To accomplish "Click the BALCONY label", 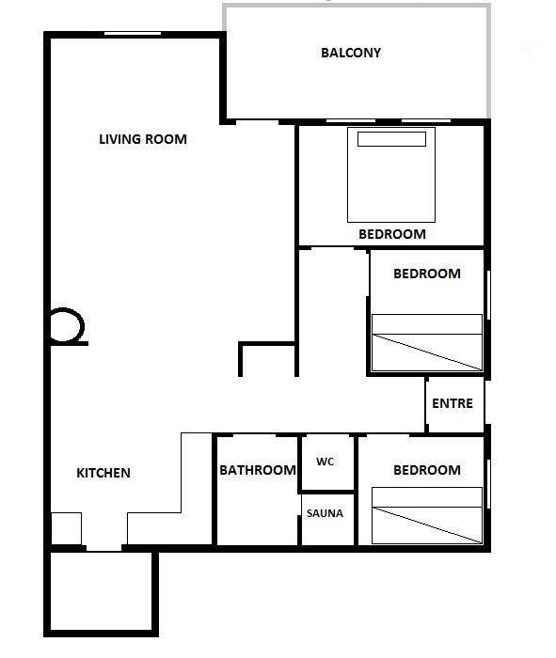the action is (351, 53).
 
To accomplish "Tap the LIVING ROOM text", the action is (143, 139).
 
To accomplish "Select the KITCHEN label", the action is (103, 473).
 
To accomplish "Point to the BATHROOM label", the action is (258, 470).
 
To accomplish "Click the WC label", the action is (325, 462).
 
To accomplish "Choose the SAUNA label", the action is (325, 513).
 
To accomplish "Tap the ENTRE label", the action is (453, 403).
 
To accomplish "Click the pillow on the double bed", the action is (391, 139).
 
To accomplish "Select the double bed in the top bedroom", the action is (391, 175).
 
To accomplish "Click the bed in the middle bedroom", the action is (427, 342).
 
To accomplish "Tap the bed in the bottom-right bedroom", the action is (427, 515).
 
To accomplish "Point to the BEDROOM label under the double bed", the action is (392, 234).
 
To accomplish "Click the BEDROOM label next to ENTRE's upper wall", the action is (427, 274).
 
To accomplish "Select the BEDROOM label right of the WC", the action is (427, 470).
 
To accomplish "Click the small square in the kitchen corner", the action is (66, 528).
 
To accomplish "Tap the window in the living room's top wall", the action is (133, 34).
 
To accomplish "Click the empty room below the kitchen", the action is (101, 591).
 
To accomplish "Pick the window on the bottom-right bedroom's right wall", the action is (488, 484).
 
